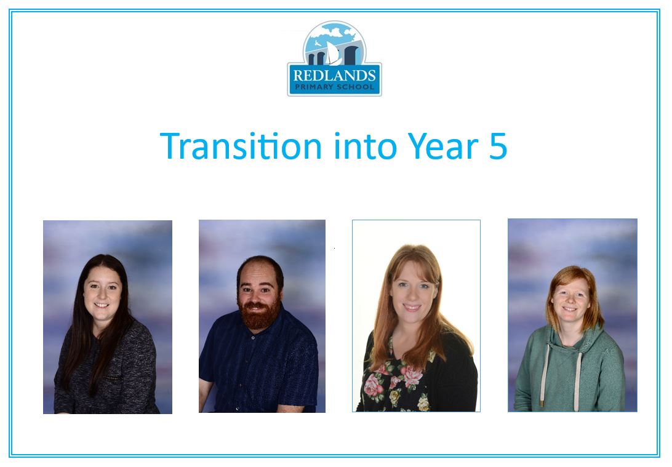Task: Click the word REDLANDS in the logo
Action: pyautogui.click(x=334, y=76)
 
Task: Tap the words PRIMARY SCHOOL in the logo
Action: pyautogui.click(x=334, y=87)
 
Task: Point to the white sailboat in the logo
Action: pyautogui.click(x=332, y=53)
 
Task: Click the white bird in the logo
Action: pyautogui.click(x=318, y=44)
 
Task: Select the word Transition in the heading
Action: pyautogui.click(x=241, y=146)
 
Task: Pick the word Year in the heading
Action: pyautogui.click(x=442, y=146)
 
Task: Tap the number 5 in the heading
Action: pyautogui.click(x=498, y=146)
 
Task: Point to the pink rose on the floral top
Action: pyautogui.click(x=412, y=376)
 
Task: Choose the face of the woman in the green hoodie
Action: pyautogui.click(x=570, y=297)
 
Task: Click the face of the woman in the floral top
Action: pyautogui.click(x=412, y=287)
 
